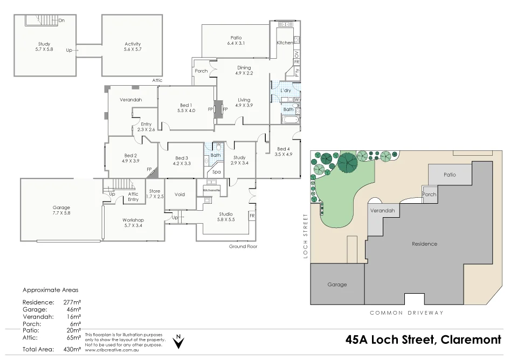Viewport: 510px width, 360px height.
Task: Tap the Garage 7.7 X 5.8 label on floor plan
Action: pyautogui.click(x=61, y=210)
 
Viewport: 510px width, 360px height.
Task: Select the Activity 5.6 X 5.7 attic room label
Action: pyautogui.click(x=133, y=47)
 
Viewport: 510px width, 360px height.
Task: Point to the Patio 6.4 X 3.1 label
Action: pyautogui.click(x=236, y=40)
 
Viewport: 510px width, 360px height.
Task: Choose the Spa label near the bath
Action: pyautogui.click(x=216, y=172)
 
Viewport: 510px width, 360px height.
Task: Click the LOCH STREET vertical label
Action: pyautogui.click(x=305, y=236)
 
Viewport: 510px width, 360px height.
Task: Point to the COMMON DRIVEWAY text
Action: pyautogui.click(x=406, y=313)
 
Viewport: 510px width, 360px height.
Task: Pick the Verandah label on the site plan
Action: pyautogui.click(x=383, y=211)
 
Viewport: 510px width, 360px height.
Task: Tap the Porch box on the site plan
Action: pyautogui.click(x=430, y=195)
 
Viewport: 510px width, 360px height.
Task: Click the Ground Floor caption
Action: pyautogui.click(x=243, y=246)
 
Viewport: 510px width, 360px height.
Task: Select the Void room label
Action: pyautogui.click(x=180, y=194)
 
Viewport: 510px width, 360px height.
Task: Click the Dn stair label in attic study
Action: pyautogui.click(x=62, y=20)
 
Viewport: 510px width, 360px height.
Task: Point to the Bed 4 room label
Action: pyautogui.click(x=284, y=151)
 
